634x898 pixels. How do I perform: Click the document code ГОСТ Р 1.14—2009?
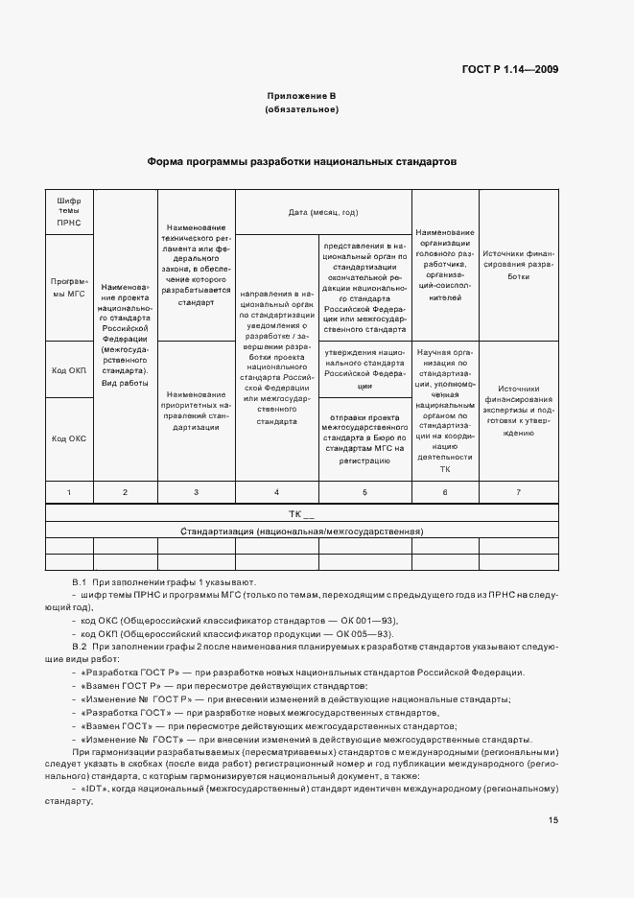pyautogui.click(x=510, y=69)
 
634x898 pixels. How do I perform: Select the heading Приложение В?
pyautogui.click(x=301, y=97)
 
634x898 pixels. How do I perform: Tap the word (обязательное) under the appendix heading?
pyautogui.click(x=301, y=110)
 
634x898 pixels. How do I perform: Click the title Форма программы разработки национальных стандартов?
pyautogui.click(x=301, y=162)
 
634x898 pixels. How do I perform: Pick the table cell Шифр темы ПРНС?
pyautogui.click(x=69, y=211)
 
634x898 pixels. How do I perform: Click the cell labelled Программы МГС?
pyautogui.click(x=69, y=287)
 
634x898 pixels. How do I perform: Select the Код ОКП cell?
pyautogui.click(x=69, y=369)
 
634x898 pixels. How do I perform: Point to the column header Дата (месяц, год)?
pyautogui.click(x=323, y=212)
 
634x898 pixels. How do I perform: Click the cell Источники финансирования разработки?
pyautogui.click(x=519, y=264)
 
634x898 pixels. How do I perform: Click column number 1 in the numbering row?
pyautogui.click(x=69, y=492)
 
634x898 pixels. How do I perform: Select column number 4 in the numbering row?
pyautogui.click(x=276, y=492)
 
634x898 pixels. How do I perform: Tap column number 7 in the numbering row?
pyautogui.click(x=519, y=492)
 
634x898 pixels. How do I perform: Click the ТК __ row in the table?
pyautogui.click(x=301, y=514)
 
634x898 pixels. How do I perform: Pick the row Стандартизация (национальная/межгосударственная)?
pyautogui.click(x=301, y=531)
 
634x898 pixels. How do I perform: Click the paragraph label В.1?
pyautogui.click(x=80, y=583)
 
